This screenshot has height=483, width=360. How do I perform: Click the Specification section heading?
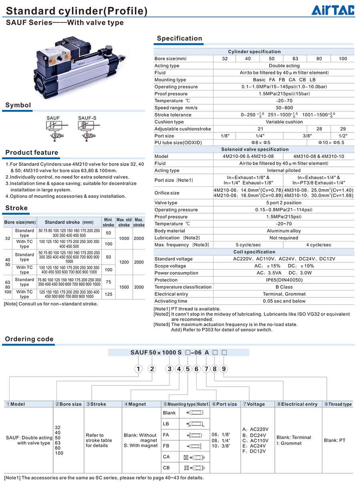click(x=179, y=38)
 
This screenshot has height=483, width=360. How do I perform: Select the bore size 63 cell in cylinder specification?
click(x=295, y=59)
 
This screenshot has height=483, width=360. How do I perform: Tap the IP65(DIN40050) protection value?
click(x=284, y=280)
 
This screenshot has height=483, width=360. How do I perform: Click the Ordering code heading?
click(x=29, y=339)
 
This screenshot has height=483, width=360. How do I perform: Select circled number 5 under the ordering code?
click(x=188, y=369)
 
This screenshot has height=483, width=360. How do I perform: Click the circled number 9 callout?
click(x=224, y=369)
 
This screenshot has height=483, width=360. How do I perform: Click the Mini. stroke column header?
click(x=108, y=222)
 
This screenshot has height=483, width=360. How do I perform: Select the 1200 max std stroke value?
click(x=124, y=262)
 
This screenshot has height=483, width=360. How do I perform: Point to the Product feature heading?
click(x=32, y=152)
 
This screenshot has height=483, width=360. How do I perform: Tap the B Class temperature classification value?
click(x=284, y=287)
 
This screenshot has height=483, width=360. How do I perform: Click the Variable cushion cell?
click(x=284, y=122)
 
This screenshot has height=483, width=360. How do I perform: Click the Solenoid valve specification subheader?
click(x=255, y=150)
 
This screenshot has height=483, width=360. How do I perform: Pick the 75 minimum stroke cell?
click(x=108, y=282)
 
